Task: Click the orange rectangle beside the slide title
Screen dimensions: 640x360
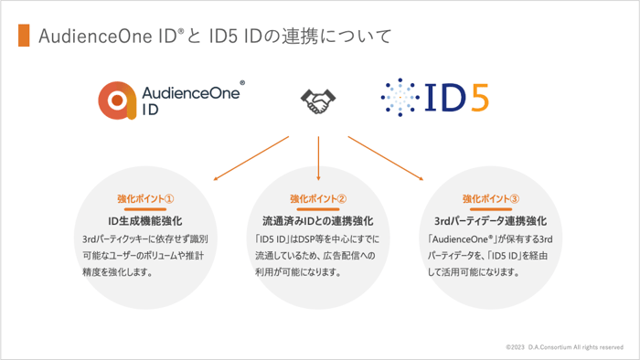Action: click(x=23, y=36)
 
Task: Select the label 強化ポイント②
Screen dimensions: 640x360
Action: click(x=318, y=198)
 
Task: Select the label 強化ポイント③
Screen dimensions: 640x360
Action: click(x=491, y=198)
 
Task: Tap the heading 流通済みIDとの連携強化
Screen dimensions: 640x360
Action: click(x=317, y=221)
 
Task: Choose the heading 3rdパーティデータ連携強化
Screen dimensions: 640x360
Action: click(x=491, y=221)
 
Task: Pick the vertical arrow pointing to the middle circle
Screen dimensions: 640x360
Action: click(x=318, y=157)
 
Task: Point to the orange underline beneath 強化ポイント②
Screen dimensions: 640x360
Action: click(x=318, y=208)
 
